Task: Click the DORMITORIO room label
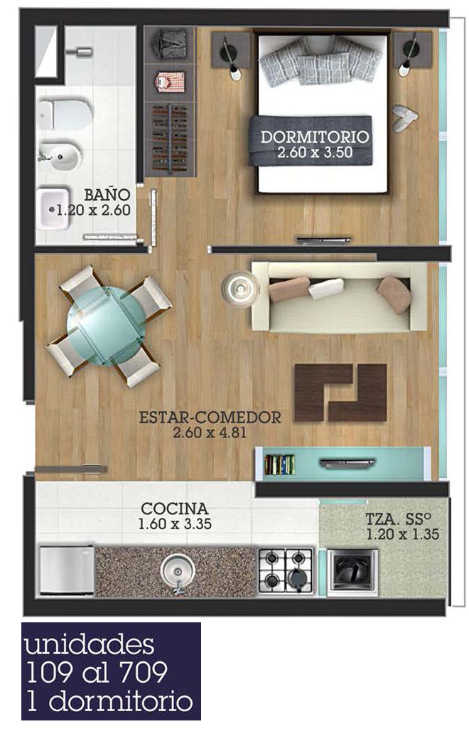(314, 137)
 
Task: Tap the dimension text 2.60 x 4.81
(210, 433)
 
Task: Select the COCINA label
(175, 508)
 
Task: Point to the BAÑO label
(107, 194)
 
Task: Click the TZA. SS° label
(399, 518)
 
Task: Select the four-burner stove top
(286, 570)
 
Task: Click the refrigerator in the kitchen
(66, 570)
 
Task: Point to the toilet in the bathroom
(64, 115)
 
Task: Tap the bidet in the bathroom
(59, 158)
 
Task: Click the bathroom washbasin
(53, 209)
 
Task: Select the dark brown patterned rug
(340, 393)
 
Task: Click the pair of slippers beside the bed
(403, 118)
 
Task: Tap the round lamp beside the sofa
(239, 288)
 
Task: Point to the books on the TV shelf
(279, 464)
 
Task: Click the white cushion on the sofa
(326, 288)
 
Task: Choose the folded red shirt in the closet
(170, 82)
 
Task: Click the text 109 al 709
(97, 672)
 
